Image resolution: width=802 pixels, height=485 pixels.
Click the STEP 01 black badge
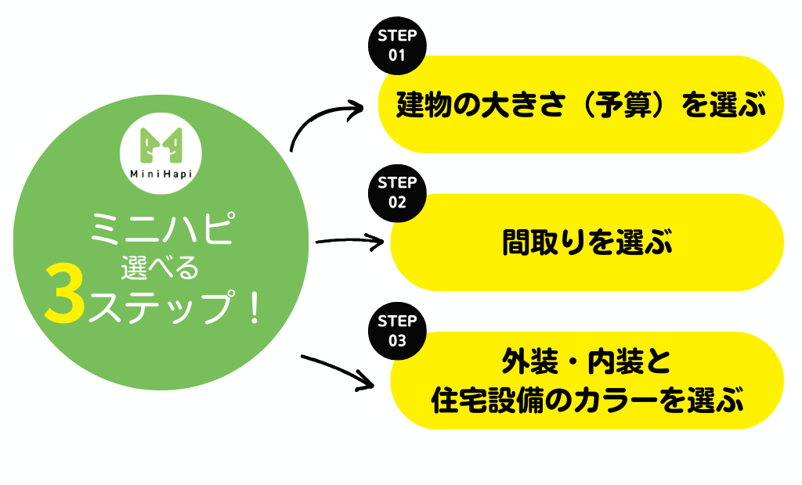tap(397, 45)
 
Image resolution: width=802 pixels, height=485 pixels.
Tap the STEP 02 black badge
tap(397, 193)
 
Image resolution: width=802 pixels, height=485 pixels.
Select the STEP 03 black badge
tap(397, 331)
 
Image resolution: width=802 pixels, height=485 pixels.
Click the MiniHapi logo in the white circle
tap(161, 153)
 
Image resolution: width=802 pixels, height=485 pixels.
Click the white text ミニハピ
tap(162, 228)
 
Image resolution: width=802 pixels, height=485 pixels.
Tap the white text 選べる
tap(160, 268)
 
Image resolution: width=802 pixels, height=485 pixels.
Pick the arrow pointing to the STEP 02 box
tap(350, 240)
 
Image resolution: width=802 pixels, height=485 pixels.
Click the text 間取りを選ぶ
tap(587, 242)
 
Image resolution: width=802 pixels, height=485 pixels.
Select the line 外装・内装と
tap(586, 362)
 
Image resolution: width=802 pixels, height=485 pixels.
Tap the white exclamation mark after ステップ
tap(255, 306)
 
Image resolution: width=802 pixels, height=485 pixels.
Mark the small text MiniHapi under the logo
tap(161, 174)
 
